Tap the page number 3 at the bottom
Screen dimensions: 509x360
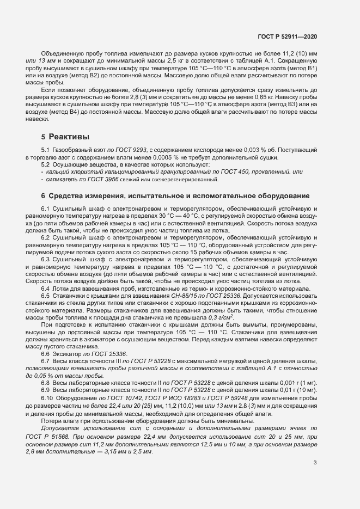point(315,463)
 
